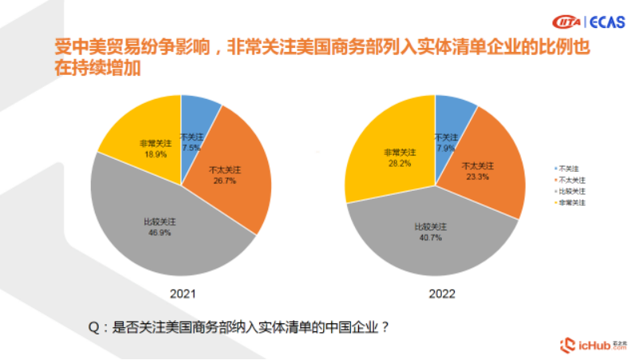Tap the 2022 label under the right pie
click(x=436, y=294)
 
